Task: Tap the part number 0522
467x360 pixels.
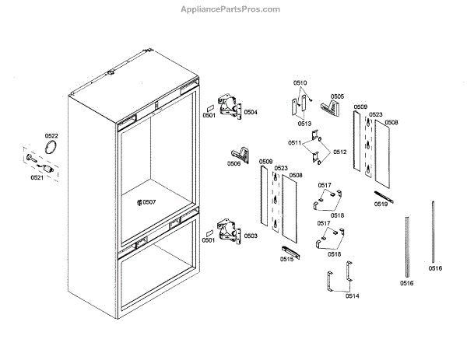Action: pyautogui.click(x=51, y=135)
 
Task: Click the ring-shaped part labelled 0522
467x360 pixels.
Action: pyautogui.click(x=52, y=148)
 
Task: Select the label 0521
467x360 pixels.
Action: pyautogui.click(x=37, y=177)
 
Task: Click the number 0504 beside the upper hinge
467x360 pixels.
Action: pyautogui.click(x=251, y=112)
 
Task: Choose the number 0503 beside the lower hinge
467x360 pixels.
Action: pyautogui.click(x=251, y=235)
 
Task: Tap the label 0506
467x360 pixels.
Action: pyautogui.click(x=233, y=163)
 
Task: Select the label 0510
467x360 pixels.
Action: pyautogui.click(x=300, y=82)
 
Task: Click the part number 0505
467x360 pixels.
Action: pyautogui.click(x=336, y=96)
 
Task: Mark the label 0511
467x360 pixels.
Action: pyautogui.click(x=294, y=143)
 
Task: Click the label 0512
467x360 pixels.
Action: pyautogui.click(x=339, y=152)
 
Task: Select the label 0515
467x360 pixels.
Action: pyautogui.click(x=286, y=259)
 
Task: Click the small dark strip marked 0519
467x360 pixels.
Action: pyautogui.click(x=381, y=194)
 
